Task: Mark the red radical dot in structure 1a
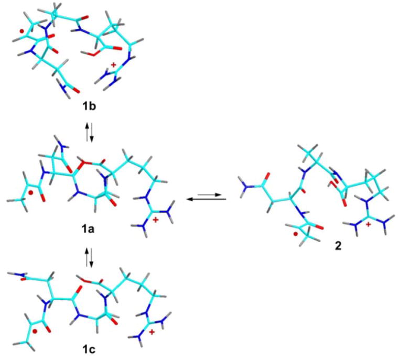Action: click(x=31, y=193)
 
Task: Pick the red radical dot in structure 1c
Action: click(x=34, y=318)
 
